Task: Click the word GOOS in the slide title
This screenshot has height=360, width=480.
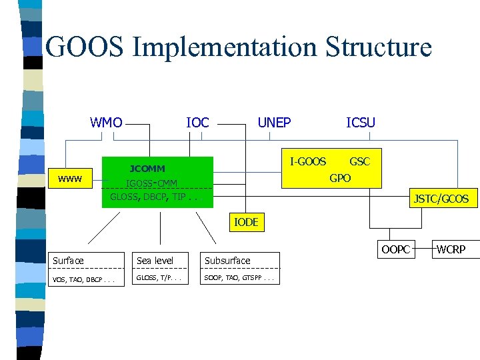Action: (x=85, y=48)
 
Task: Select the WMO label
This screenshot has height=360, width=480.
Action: (x=107, y=122)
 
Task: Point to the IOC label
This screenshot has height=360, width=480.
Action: (x=197, y=123)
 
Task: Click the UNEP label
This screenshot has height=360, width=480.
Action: (x=274, y=122)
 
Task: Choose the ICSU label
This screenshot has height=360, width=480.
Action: (x=361, y=122)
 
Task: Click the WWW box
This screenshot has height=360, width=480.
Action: (x=70, y=179)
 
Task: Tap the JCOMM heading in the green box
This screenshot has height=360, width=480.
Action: (x=147, y=169)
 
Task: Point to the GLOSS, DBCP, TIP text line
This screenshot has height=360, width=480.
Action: (x=154, y=197)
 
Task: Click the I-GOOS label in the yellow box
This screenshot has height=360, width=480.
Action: (x=308, y=161)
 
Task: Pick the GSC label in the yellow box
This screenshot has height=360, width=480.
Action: (x=360, y=161)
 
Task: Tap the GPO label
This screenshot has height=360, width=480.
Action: (x=340, y=178)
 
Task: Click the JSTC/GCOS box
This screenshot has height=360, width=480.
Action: (x=441, y=199)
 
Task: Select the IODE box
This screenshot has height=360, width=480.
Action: (x=246, y=223)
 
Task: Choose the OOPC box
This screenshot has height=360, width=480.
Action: (x=396, y=250)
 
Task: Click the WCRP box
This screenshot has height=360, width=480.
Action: (x=451, y=250)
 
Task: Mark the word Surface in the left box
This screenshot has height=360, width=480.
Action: (x=69, y=261)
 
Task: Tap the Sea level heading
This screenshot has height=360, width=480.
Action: (x=155, y=261)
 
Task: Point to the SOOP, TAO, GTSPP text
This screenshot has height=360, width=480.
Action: (x=239, y=277)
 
